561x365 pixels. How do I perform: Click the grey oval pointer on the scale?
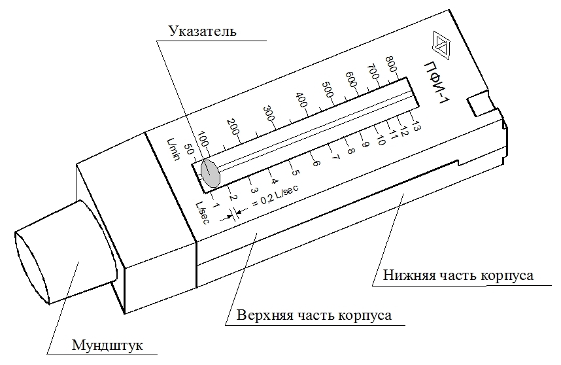[x=210, y=173]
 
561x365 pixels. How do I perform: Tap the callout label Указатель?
[x=203, y=31]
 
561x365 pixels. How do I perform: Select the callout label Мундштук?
[x=107, y=345]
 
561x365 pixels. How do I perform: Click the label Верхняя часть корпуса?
[x=314, y=315]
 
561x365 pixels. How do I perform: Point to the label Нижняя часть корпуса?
[x=458, y=275]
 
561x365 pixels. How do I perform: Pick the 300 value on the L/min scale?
[x=269, y=114]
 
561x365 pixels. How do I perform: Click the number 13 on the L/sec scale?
[x=416, y=126]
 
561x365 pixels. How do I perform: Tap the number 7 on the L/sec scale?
[x=335, y=157]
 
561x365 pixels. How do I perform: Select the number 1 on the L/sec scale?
[x=215, y=205]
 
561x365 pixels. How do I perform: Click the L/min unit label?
[x=173, y=149]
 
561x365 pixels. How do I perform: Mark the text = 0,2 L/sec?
[x=275, y=196]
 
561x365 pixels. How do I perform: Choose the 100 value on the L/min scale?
[x=203, y=139]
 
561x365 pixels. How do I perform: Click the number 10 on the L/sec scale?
[x=381, y=139]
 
